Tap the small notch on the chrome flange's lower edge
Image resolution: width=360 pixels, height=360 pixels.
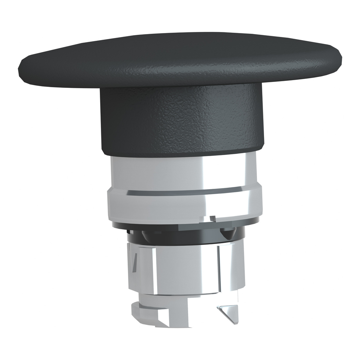tap(212, 219)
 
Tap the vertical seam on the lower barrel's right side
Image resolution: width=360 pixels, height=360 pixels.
tap(219, 267)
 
